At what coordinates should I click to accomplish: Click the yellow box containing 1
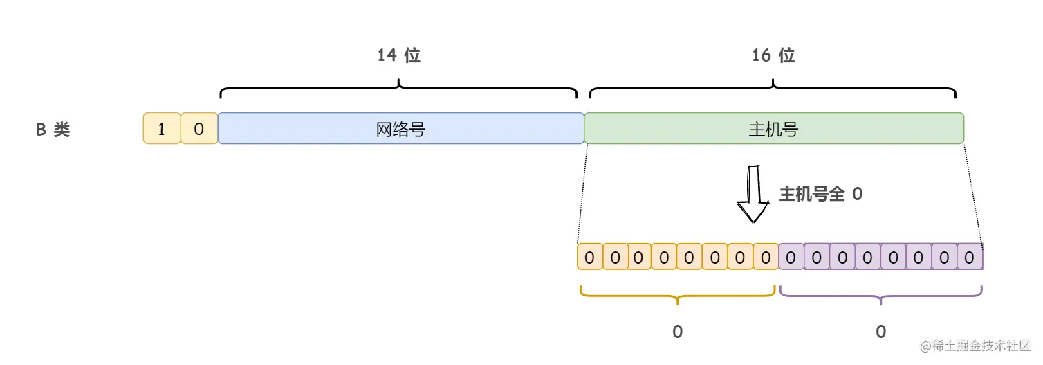point(161,129)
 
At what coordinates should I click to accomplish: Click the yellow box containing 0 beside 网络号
point(199,129)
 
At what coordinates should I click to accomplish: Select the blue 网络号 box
point(400,129)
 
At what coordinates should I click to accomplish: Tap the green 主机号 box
point(773,129)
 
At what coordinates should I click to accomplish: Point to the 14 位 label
point(399,56)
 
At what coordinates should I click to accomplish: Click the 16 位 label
point(773,56)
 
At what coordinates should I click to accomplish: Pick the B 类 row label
point(53,130)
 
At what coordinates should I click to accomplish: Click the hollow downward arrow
point(752,195)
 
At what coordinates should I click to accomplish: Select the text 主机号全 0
point(821,195)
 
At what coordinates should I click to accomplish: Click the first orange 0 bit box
point(589,258)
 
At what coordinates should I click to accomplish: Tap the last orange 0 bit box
point(766,258)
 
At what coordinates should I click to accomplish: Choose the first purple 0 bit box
point(791,258)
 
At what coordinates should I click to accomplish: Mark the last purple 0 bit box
point(970,258)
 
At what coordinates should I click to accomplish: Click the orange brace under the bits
point(677,296)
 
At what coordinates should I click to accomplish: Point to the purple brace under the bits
point(880,296)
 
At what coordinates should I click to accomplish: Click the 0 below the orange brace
point(677,332)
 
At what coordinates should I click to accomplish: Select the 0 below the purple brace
point(880,332)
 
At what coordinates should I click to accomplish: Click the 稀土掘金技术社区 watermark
point(975,346)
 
